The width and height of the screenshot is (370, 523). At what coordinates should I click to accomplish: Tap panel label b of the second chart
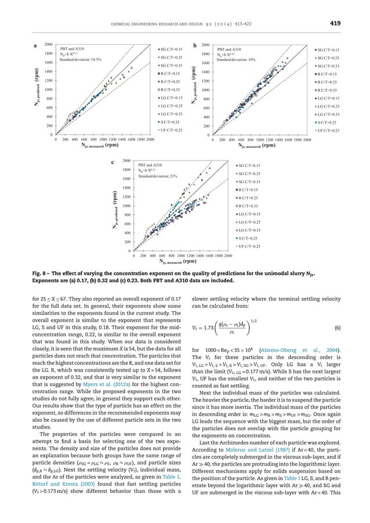pos(195,45)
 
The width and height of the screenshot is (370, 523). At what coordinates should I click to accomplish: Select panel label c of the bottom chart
pos(113,163)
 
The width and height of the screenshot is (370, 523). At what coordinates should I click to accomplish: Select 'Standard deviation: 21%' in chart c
pos(158,176)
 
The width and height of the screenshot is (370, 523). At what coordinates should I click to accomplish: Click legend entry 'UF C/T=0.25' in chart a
pos(172,130)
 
